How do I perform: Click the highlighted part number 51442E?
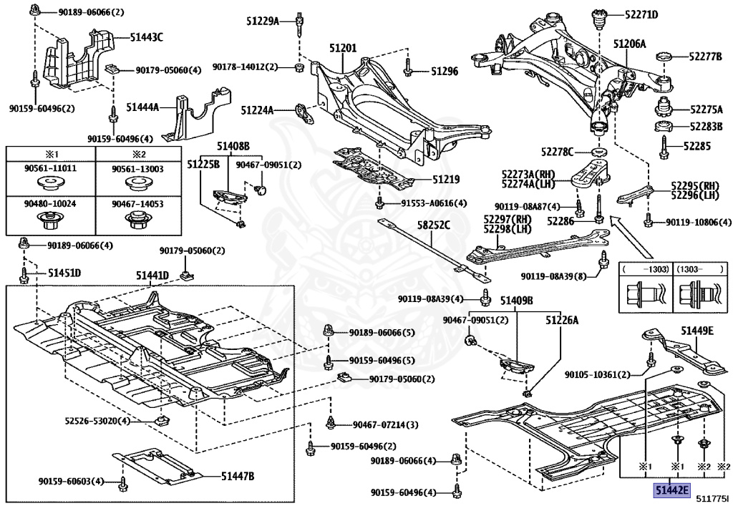point(671,490)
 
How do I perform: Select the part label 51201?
point(343,48)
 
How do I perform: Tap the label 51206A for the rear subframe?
point(629,44)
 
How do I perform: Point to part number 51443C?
point(146,37)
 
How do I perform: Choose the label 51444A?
point(142,107)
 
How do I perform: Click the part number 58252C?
point(433,225)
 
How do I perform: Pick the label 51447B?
point(238,476)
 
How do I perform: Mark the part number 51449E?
point(697,331)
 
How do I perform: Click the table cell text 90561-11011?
point(51,168)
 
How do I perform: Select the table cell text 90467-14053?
point(137,204)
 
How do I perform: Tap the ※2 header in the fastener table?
point(138,154)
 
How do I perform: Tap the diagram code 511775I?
point(712,499)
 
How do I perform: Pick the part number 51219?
point(445,179)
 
